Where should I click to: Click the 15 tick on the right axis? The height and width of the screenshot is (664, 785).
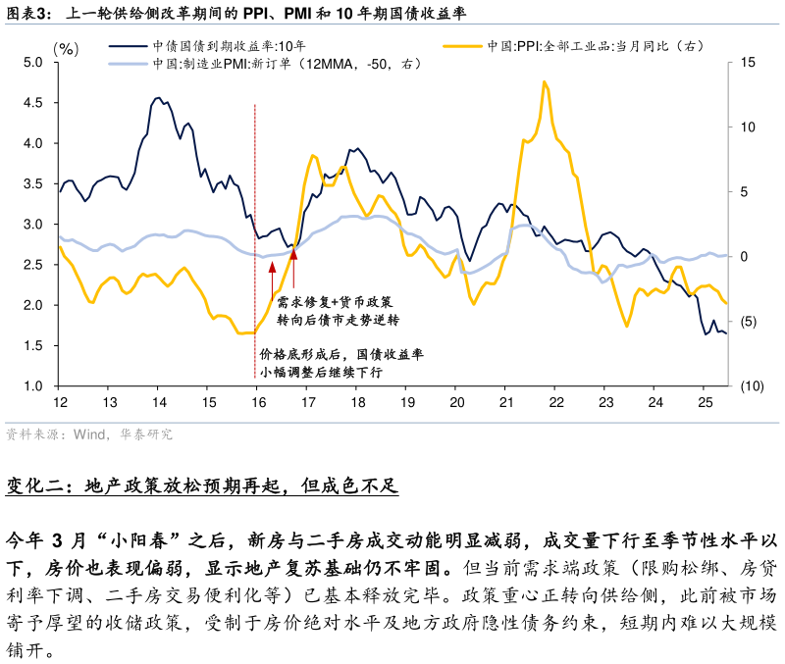tap(749, 63)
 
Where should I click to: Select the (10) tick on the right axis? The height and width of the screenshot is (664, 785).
tap(751, 386)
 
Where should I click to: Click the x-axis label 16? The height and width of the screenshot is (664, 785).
tap(256, 403)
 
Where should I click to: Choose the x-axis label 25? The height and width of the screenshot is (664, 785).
tap(704, 403)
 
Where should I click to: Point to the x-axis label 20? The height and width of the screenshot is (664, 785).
tap(455, 403)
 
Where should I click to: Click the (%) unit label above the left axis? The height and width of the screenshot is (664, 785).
tap(66, 47)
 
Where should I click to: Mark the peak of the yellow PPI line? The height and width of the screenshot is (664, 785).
tap(544, 82)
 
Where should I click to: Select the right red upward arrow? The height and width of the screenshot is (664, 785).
tap(293, 256)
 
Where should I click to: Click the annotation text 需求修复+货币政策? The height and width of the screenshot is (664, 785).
tap(334, 302)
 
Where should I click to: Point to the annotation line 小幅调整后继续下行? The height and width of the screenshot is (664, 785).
tap(320, 373)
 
